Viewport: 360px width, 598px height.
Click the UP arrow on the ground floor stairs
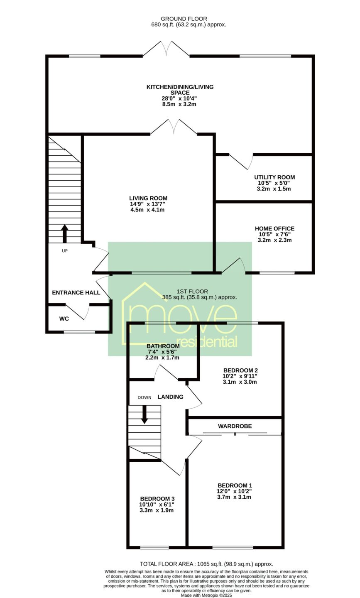65,233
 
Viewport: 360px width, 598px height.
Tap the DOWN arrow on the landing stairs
144,414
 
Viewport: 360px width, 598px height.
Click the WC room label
64,319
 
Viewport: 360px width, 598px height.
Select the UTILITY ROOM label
274,177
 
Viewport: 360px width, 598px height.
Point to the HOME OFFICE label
274,228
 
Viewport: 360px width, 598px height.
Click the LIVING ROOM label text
148,199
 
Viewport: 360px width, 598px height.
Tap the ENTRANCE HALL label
76,293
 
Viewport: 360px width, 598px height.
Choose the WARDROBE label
235,426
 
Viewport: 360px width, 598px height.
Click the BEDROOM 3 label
157,499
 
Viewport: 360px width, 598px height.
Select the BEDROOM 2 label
240,370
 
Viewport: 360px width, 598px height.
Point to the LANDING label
170,397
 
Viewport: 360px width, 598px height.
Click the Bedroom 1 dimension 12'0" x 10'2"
234,491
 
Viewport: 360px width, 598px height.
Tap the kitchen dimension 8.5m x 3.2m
179,104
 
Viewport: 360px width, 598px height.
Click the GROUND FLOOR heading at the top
184,19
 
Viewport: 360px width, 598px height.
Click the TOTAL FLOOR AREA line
206,564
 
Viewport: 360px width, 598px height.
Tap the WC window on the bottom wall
79,332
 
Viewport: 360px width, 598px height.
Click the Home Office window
277,273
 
